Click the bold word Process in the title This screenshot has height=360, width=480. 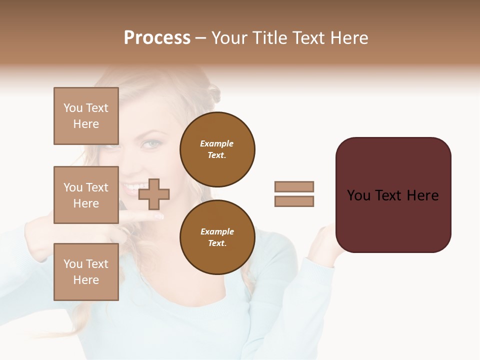(x=157, y=38)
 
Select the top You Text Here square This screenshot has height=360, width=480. (x=86, y=116)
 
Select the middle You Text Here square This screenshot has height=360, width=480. (x=86, y=195)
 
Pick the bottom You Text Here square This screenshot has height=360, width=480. (x=86, y=272)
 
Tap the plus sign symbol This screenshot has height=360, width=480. (x=154, y=194)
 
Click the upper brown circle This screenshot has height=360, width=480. (x=217, y=149)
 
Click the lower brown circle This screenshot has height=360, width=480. (x=217, y=237)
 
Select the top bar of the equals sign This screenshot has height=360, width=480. (x=294, y=186)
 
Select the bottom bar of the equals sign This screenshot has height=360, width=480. (x=294, y=201)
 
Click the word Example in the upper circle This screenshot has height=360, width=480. (x=217, y=143)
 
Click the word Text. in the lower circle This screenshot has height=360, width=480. (x=217, y=243)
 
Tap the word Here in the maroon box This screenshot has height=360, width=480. (x=422, y=195)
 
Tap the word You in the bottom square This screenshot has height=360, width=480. (x=72, y=264)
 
